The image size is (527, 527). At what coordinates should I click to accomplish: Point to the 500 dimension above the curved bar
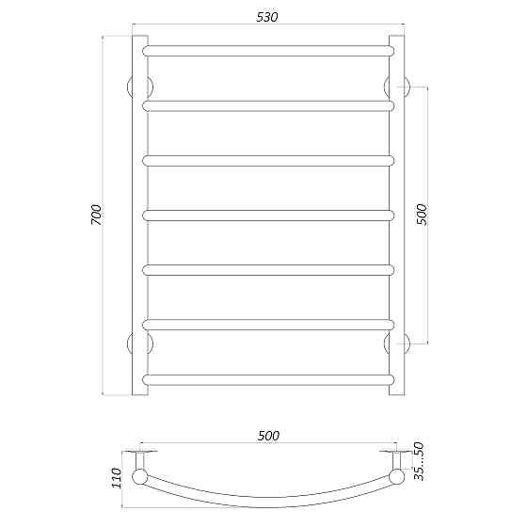268,435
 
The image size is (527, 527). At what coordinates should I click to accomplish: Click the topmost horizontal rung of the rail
267,49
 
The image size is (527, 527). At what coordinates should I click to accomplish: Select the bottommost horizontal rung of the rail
267,379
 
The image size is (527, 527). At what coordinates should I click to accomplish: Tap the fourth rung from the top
267,215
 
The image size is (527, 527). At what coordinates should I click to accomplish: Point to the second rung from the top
267,104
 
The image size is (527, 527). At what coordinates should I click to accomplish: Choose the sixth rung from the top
267,325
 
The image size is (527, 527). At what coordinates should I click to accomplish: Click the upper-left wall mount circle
132,86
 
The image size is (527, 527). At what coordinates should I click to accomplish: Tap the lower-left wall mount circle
132,342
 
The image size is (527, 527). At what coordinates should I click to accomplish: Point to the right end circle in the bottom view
396,477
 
